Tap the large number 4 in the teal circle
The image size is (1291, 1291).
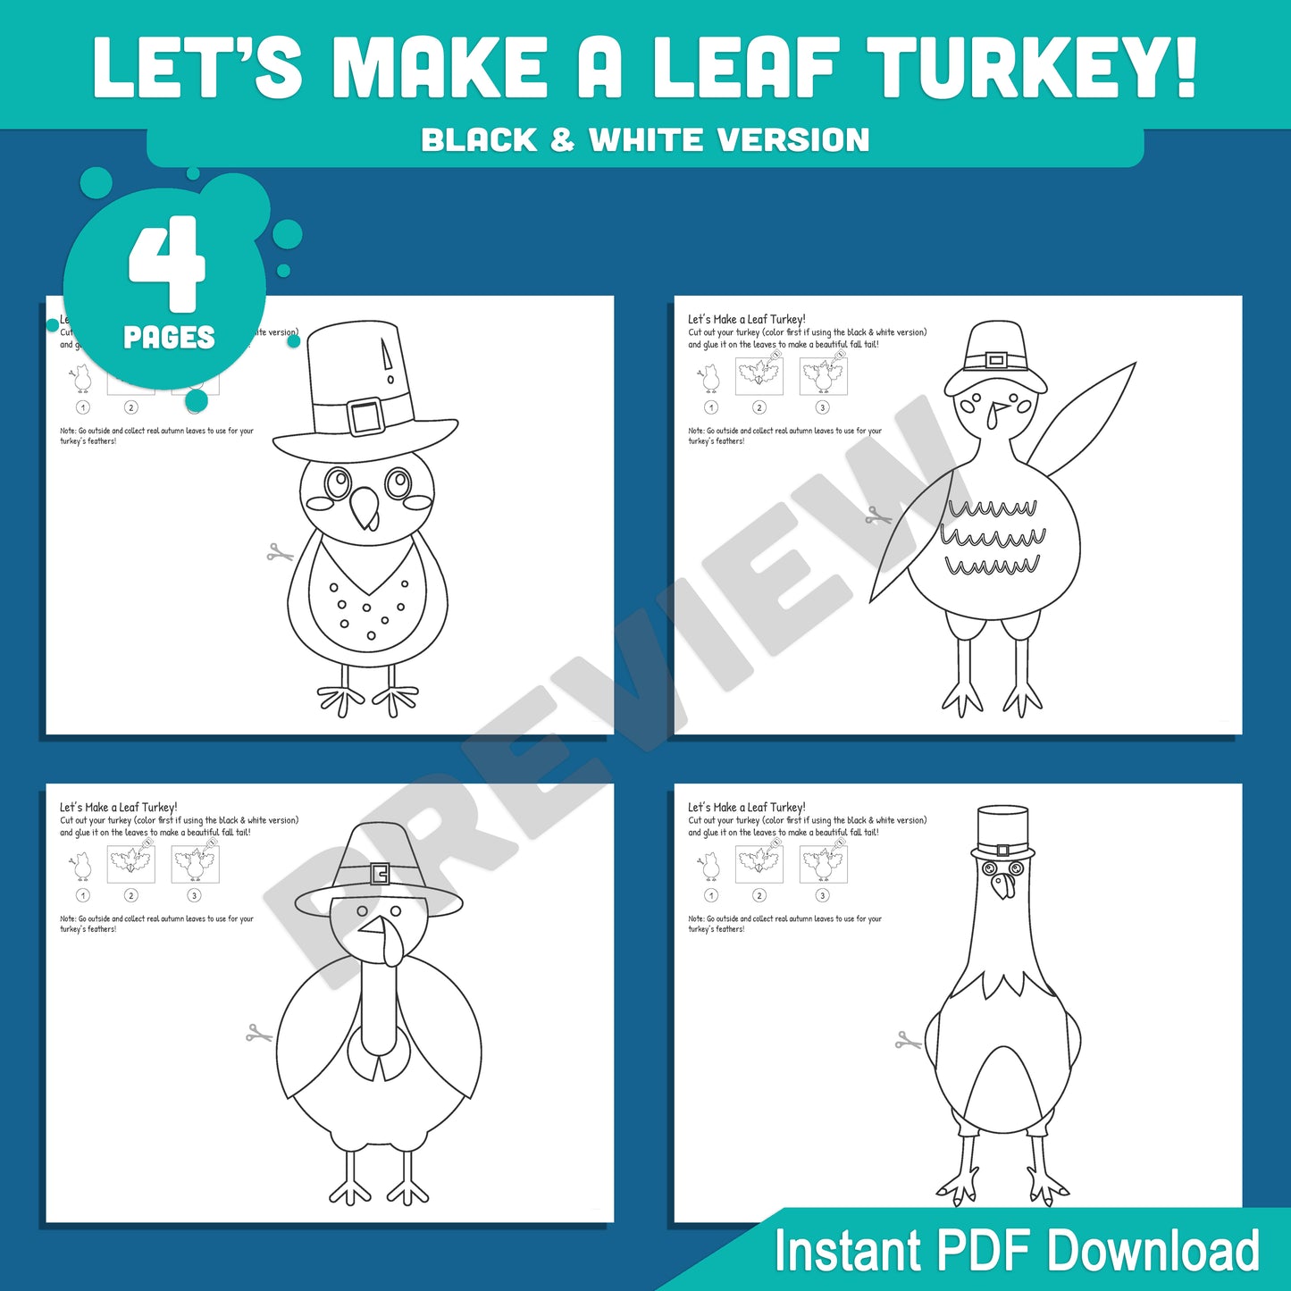point(167,264)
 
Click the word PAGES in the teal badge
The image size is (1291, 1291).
point(169,338)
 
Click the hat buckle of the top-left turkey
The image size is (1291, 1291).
point(365,415)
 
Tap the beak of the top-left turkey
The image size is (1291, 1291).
point(365,507)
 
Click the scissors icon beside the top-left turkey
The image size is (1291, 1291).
point(280,554)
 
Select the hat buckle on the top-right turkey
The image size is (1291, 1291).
point(996,361)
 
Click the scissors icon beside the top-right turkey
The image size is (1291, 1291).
point(878,516)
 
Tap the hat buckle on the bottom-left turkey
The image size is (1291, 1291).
point(380,873)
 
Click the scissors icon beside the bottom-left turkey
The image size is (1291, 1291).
point(259,1034)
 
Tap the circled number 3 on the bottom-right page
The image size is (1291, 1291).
point(823,895)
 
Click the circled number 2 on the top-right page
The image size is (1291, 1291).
point(759,407)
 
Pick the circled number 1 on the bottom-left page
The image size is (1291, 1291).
point(83,895)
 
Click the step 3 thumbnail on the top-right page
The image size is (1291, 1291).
point(823,376)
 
